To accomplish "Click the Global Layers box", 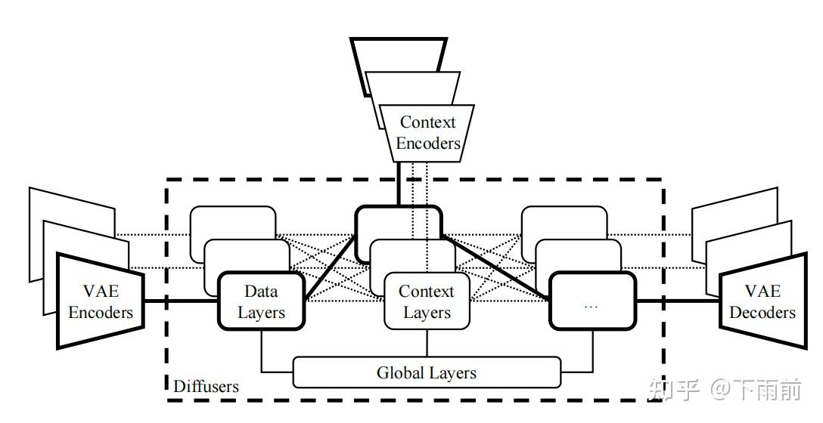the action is pyautogui.click(x=426, y=372).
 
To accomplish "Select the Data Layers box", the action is pyautogui.click(x=261, y=301).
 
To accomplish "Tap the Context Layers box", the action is pyautogui.click(x=426, y=301).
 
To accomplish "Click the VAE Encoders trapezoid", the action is pyautogui.click(x=100, y=301).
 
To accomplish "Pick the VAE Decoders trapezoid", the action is pyautogui.click(x=762, y=301).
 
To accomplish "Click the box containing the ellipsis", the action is pyautogui.click(x=592, y=301).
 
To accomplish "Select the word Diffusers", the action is pyautogui.click(x=206, y=387).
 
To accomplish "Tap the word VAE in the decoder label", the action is pyautogui.click(x=762, y=291).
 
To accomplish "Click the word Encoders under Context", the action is pyautogui.click(x=428, y=143).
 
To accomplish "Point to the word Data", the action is pyautogui.click(x=261, y=291).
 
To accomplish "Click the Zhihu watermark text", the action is pyautogui.click(x=725, y=390).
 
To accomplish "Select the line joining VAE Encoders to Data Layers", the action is pyautogui.click(x=181, y=301).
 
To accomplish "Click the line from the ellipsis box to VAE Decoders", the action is pyautogui.click(x=678, y=301).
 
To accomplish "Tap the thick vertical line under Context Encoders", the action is pyautogui.click(x=399, y=184).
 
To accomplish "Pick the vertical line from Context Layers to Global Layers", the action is pyautogui.click(x=427, y=344).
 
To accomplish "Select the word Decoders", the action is pyautogui.click(x=762, y=313).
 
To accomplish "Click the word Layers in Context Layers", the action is pyautogui.click(x=427, y=313).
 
